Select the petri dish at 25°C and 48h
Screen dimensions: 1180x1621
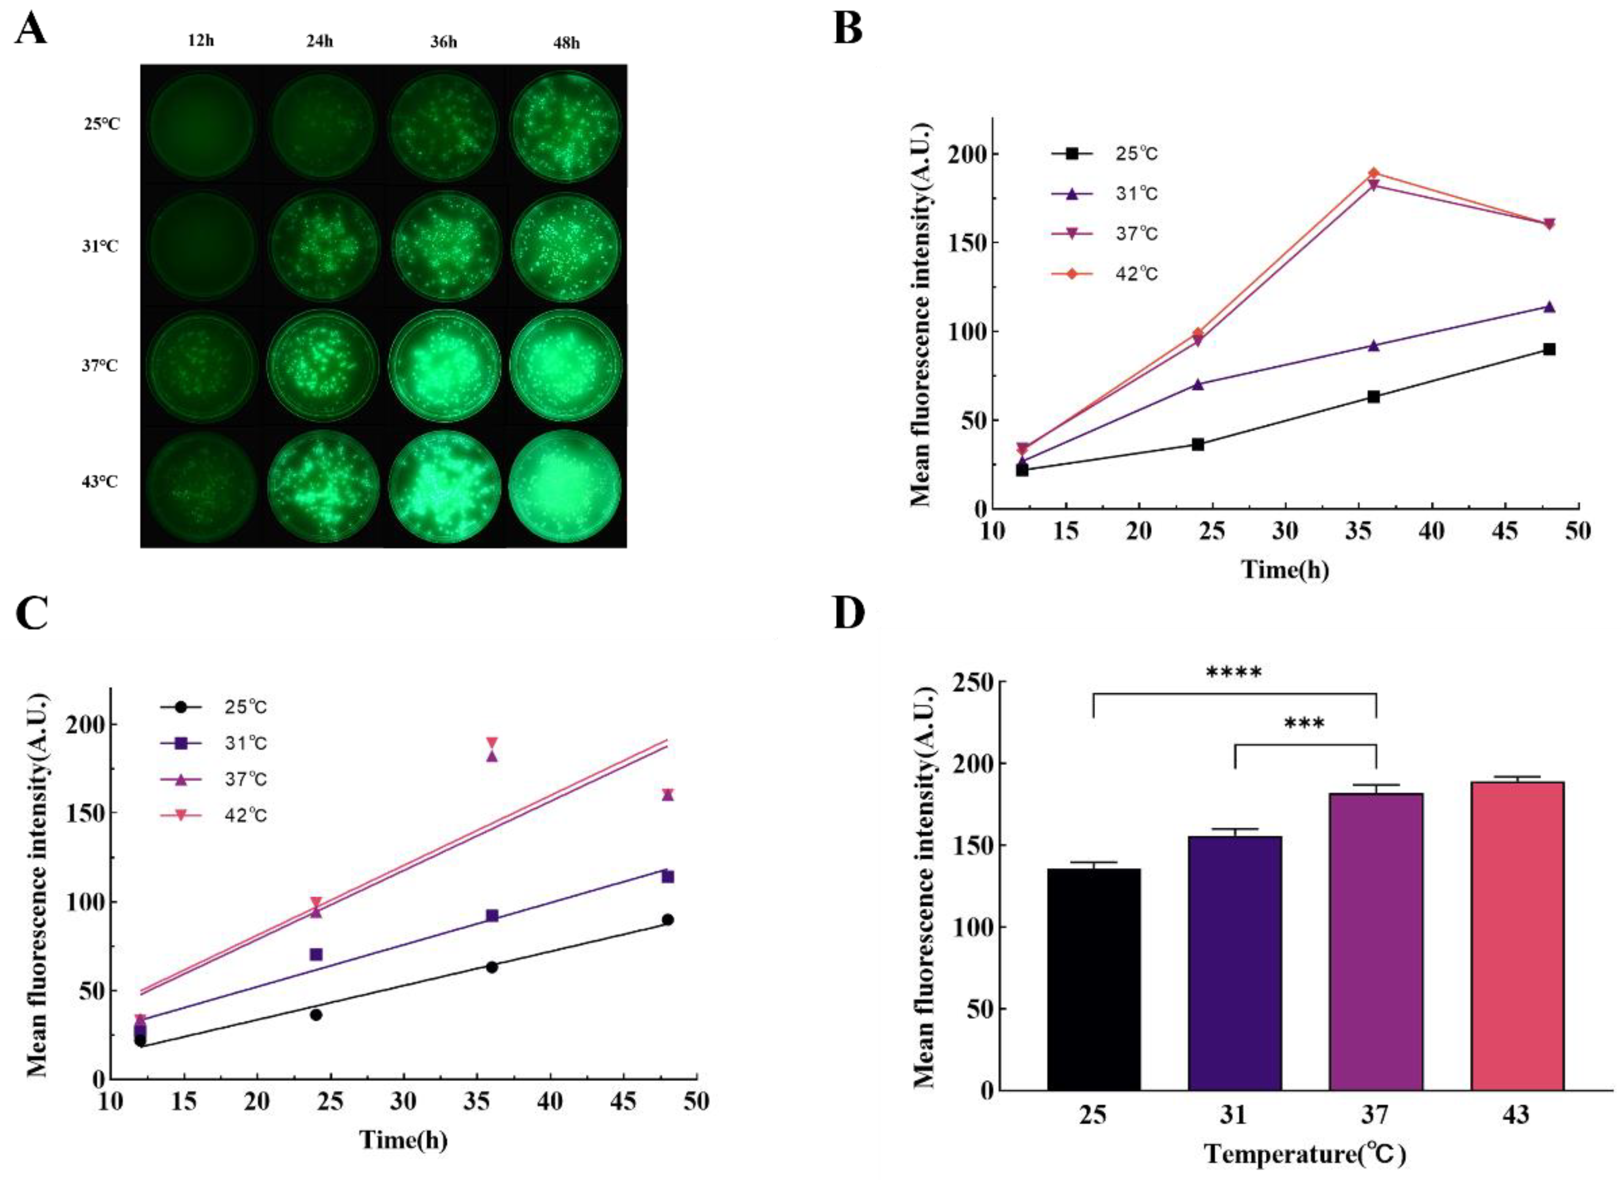click(x=566, y=126)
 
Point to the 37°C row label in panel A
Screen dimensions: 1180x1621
click(x=101, y=366)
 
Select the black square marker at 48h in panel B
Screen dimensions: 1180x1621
click(x=1549, y=350)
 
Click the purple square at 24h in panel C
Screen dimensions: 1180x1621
click(x=316, y=954)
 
